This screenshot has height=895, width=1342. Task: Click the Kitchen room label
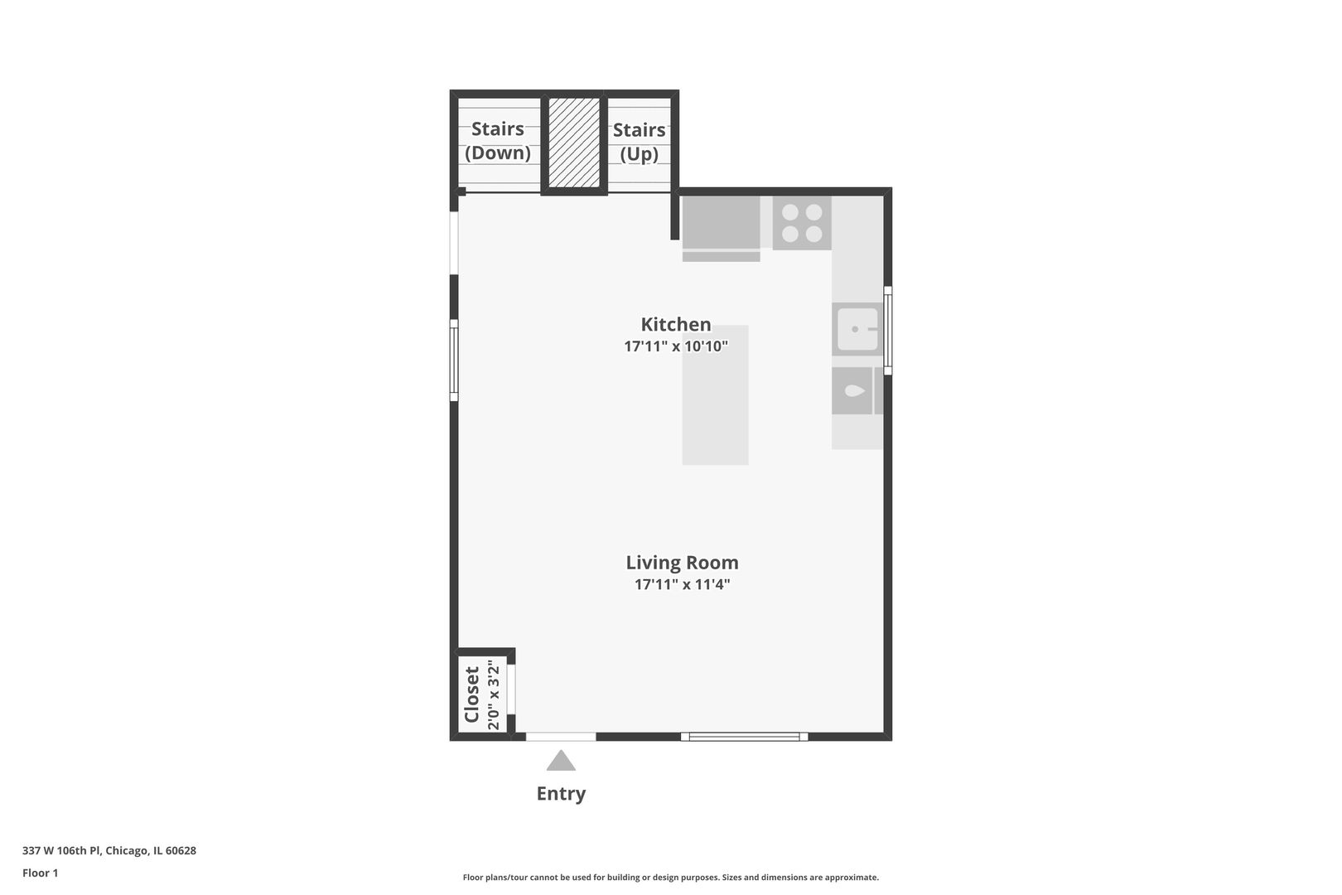(x=675, y=324)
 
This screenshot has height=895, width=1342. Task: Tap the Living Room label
(x=682, y=563)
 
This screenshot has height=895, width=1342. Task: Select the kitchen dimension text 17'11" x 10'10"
(x=675, y=346)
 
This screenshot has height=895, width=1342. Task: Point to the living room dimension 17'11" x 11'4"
(x=682, y=584)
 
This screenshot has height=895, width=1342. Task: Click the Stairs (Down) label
(x=498, y=141)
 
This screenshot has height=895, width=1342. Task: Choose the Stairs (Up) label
(x=639, y=142)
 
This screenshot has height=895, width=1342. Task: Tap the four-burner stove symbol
(x=802, y=223)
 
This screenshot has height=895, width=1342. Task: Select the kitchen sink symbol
(x=857, y=329)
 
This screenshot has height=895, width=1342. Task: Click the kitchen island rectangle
(x=715, y=394)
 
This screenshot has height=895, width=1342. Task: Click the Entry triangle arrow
(x=561, y=761)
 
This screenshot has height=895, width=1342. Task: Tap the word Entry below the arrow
(x=561, y=794)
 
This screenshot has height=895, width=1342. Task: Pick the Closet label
(x=472, y=694)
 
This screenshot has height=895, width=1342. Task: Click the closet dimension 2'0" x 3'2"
(x=494, y=694)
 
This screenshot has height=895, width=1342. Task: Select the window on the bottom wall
(x=744, y=736)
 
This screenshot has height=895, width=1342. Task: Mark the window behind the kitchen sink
(x=887, y=330)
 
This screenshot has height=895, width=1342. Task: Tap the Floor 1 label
(x=41, y=873)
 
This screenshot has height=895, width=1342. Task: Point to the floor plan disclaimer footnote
(x=670, y=878)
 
